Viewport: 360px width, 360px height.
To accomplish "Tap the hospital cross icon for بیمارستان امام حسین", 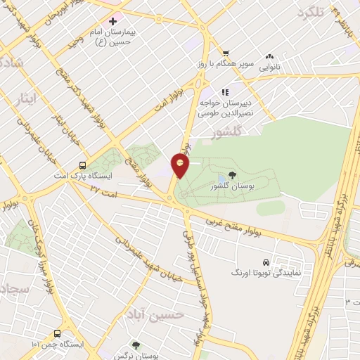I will tap(113, 22).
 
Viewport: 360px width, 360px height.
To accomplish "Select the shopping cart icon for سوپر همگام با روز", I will tap(226, 53).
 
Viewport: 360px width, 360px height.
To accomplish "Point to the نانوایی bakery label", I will tap(269, 68).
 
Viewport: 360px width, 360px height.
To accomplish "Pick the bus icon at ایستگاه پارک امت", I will tap(83, 166).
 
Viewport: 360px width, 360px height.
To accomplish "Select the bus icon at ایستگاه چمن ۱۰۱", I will tap(56, 334).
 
